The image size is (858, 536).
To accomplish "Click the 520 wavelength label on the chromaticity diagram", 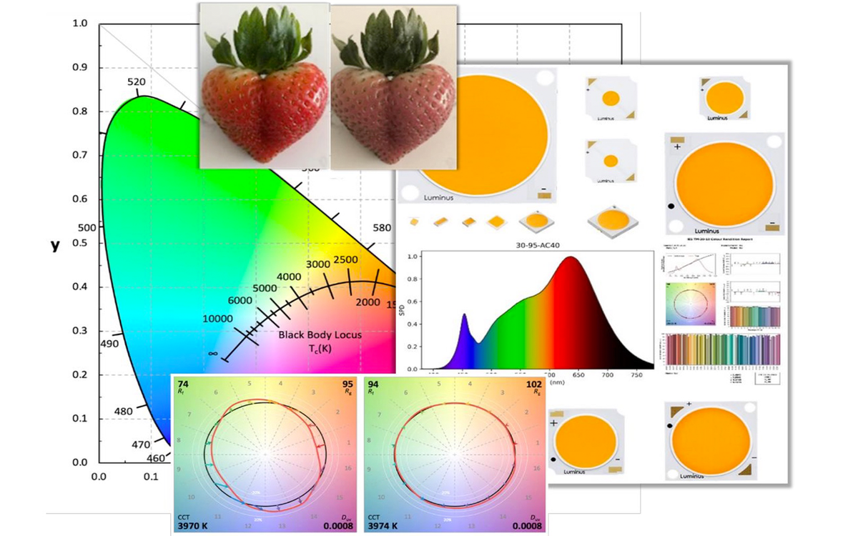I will click(137, 82).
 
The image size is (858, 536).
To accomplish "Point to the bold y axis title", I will click(54, 245).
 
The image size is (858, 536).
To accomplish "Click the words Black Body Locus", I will click(320, 334).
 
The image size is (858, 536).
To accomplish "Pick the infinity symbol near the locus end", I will click(213, 353).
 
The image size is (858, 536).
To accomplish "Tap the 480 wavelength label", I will click(124, 412).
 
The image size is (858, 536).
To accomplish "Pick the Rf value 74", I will click(184, 384).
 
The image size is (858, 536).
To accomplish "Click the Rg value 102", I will click(533, 384).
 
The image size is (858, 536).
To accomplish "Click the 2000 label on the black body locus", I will click(368, 302).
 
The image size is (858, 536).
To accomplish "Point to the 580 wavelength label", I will click(382, 228).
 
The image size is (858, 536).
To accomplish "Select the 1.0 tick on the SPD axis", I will click(413, 257).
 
